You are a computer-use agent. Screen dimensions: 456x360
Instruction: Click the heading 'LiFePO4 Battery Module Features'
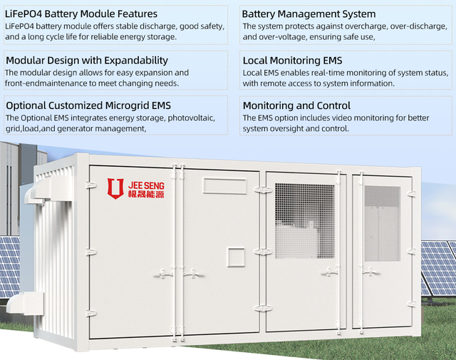(81, 14)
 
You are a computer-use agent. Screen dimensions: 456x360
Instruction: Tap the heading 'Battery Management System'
(309, 14)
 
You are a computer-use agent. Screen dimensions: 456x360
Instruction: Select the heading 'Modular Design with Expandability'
(87, 61)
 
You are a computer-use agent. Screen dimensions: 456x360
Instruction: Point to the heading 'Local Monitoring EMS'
(292, 61)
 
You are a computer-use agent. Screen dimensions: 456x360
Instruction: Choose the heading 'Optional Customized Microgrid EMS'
(88, 106)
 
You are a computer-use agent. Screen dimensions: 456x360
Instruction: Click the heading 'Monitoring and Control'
(296, 106)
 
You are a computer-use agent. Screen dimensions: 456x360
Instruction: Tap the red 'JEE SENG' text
(146, 185)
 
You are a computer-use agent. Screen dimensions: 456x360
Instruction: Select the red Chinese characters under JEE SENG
(146, 194)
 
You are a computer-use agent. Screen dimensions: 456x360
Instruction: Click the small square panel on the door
(236, 257)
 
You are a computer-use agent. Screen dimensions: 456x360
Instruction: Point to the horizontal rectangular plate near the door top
(225, 185)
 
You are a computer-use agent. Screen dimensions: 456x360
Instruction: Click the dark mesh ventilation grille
(304, 221)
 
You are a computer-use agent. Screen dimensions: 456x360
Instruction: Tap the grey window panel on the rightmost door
(382, 224)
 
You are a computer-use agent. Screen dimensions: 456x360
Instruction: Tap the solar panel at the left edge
(9, 267)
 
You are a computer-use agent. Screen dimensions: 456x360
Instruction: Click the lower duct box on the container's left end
(26, 303)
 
